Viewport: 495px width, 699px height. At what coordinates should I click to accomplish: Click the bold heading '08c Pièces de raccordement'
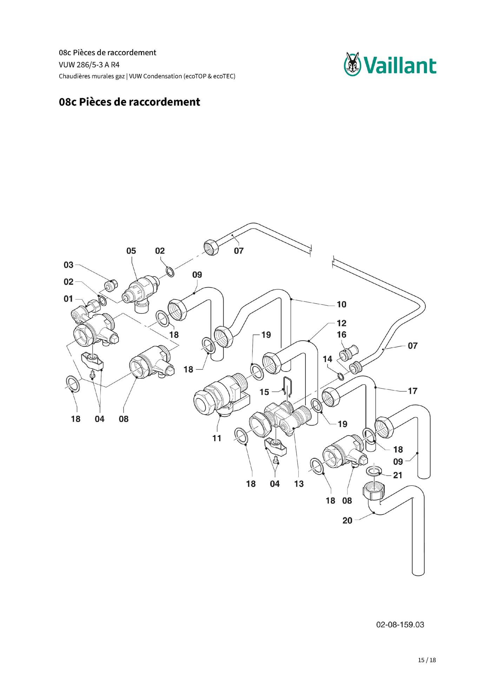(x=130, y=102)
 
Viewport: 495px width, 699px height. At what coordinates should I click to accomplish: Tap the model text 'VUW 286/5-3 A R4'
(x=89, y=65)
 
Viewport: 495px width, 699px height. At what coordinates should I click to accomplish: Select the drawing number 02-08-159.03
(x=400, y=624)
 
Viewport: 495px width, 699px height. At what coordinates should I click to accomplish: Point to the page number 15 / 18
(x=427, y=660)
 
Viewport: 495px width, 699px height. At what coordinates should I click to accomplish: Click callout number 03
(x=68, y=265)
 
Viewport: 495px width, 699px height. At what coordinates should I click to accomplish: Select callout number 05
(x=131, y=251)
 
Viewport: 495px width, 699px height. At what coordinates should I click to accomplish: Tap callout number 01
(x=68, y=299)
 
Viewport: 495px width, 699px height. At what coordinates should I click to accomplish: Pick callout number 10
(x=341, y=304)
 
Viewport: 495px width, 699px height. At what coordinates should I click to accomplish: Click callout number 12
(x=341, y=323)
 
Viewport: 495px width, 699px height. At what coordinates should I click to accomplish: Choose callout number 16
(x=341, y=334)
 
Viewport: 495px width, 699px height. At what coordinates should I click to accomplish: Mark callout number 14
(x=327, y=359)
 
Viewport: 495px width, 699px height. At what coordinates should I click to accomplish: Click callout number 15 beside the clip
(x=264, y=392)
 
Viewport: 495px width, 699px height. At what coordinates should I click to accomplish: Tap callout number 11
(x=217, y=438)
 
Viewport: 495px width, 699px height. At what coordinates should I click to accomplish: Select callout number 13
(x=299, y=484)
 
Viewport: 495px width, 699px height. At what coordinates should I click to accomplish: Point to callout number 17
(x=412, y=391)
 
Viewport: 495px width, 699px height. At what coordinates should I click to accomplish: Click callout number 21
(x=397, y=475)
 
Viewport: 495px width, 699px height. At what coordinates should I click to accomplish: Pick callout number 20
(x=347, y=520)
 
